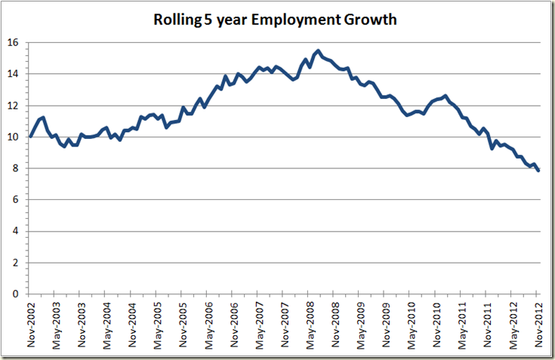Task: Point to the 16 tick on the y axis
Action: coord(13,42)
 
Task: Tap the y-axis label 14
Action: coord(13,74)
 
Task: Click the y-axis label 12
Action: coord(13,106)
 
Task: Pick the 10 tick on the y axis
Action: coord(13,137)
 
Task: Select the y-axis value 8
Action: coord(16,168)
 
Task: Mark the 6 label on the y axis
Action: coord(16,200)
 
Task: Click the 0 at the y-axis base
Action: coord(16,294)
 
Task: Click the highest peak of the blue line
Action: coord(319,51)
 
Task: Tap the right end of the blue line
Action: coord(538,171)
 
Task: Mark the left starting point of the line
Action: coord(31,136)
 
